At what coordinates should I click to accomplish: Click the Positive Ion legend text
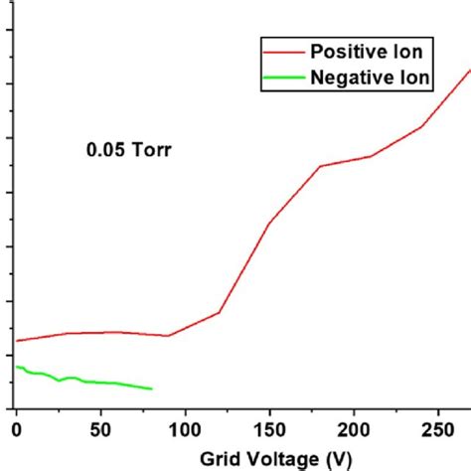point(369,51)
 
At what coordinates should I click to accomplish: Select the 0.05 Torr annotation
point(125,152)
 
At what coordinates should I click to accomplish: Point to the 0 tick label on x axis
point(16,430)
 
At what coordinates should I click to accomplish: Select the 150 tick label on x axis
point(268,430)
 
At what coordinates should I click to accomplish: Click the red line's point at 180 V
point(320,166)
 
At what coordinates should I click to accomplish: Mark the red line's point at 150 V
point(269,224)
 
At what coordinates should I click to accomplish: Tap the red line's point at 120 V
point(219,313)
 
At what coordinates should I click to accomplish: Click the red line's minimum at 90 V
point(168,336)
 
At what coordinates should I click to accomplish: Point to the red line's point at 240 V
point(421,126)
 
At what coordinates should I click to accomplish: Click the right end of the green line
point(151,389)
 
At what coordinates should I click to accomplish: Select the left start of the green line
point(17,368)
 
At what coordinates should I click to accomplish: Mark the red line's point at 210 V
point(371,156)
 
